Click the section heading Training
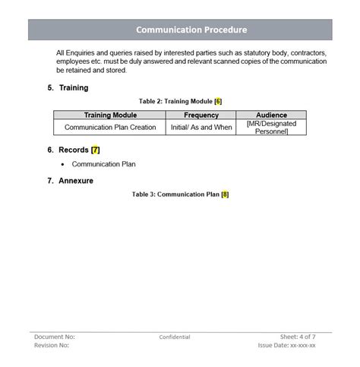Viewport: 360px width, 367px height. [73, 88]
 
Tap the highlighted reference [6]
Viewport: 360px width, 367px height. [218, 101]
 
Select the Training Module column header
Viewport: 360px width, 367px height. [110, 115]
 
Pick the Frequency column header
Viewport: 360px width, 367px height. [201, 115]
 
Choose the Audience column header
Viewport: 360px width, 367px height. [271, 115]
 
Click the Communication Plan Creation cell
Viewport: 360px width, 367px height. [110, 128]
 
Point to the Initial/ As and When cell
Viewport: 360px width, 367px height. [201, 128]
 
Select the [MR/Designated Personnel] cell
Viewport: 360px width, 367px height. [271, 128]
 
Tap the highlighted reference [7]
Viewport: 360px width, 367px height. [95, 150]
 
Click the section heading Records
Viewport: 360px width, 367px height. [73, 150]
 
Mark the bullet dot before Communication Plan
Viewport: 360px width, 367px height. [62, 164]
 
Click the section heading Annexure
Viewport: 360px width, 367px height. [76, 181]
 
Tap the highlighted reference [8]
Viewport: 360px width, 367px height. [225, 195]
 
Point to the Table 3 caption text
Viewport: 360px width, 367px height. [175, 195]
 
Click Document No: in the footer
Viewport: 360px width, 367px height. [55, 337]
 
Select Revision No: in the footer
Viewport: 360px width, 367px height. [52, 346]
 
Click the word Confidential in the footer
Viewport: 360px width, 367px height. [175, 337]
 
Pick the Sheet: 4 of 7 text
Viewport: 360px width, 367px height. [298, 337]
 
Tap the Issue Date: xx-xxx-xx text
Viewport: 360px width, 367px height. [286, 346]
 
